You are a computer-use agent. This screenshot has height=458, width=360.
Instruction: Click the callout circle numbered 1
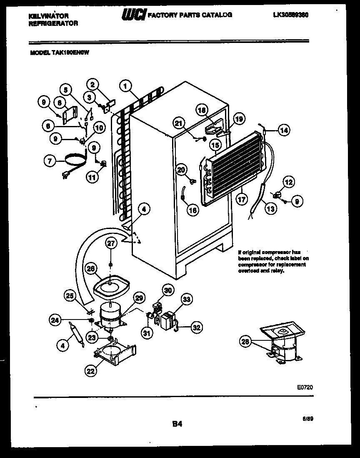coord(125,86)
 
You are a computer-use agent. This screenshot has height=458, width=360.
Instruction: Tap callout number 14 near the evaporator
coord(284,130)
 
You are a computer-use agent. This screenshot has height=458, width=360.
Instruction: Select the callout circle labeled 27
coord(111,244)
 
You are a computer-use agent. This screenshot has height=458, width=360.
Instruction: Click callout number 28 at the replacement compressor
coord(246,342)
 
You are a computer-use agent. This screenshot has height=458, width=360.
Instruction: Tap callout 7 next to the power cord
coord(51,160)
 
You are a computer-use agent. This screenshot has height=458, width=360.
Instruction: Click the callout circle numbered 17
coord(241,199)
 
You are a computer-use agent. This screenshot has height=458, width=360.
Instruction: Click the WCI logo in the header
coord(134,15)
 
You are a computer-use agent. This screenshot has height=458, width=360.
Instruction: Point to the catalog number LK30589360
coord(293,15)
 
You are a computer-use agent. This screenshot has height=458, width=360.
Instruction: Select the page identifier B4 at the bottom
coord(177,424)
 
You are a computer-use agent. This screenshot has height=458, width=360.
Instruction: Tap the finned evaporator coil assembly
coord(233,165)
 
